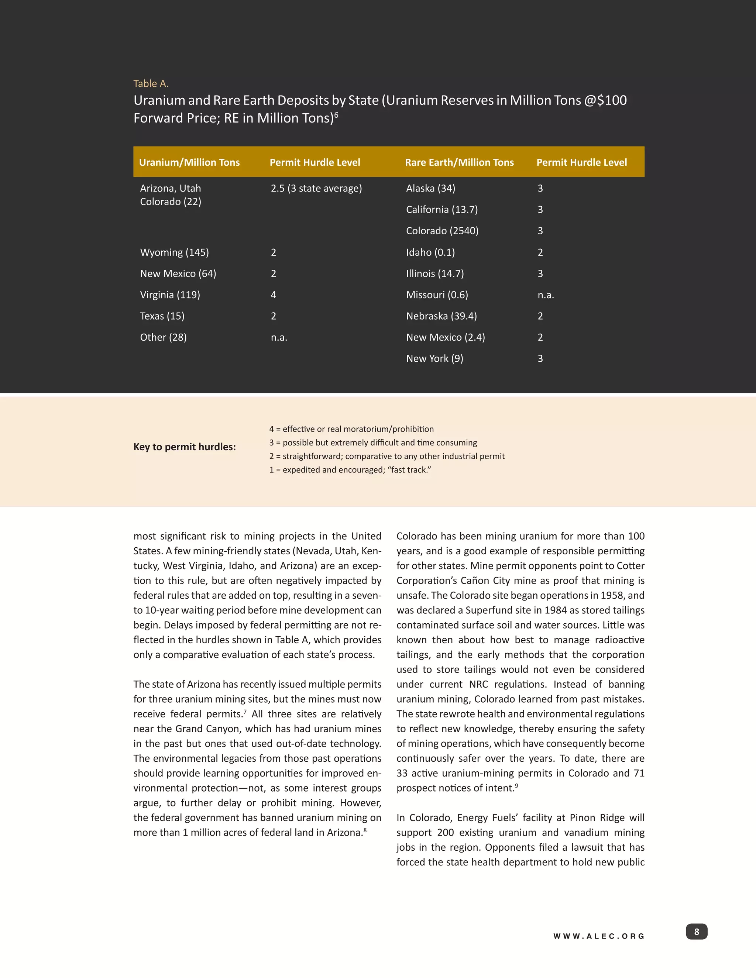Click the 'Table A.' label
(x=151, y=84)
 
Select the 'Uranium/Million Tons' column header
(x=189, y=162)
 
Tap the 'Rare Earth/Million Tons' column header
(x=459, y=162)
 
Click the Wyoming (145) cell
(x=174, y=252)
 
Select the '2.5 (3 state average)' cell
(x=316, y=189)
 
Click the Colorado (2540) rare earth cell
(x=442, y=231)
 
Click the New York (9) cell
(x=434, y=359)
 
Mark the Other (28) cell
(x=163, y=338)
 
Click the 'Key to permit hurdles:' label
(x=185, y=447)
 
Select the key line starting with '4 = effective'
(x=351, y=429)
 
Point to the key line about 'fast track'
(x=350, y=470)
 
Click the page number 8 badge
(x=697, y=932)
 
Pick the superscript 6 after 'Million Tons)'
(x=336, y=115)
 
